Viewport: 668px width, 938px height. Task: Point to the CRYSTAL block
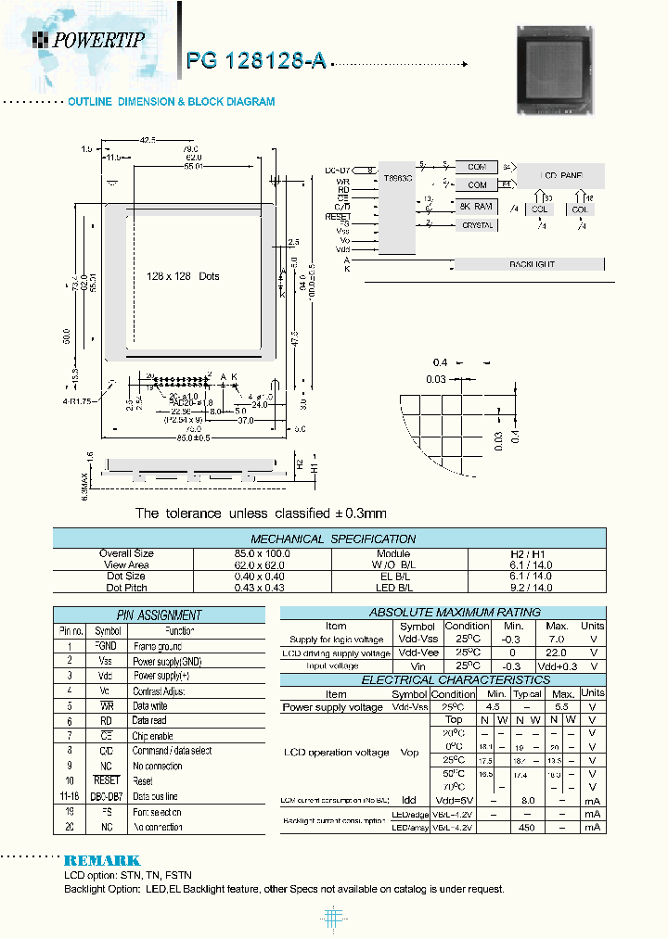click(x=477, y=225)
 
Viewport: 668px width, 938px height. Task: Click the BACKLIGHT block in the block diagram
click(x=532, y=265)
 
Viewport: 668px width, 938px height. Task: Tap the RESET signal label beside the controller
click(x=339, y=215)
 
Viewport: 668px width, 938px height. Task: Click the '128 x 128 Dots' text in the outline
click(x=183, y=276)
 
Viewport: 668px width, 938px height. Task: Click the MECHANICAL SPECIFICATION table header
click(x=333, y=539)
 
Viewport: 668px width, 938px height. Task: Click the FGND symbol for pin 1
click(x=106, y=646)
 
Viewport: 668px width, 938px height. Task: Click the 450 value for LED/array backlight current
click(x=528, y=827)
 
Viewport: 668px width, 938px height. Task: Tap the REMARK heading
click(x=102, y=861)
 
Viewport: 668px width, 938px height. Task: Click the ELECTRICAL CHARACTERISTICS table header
click(x=443, y=679)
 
